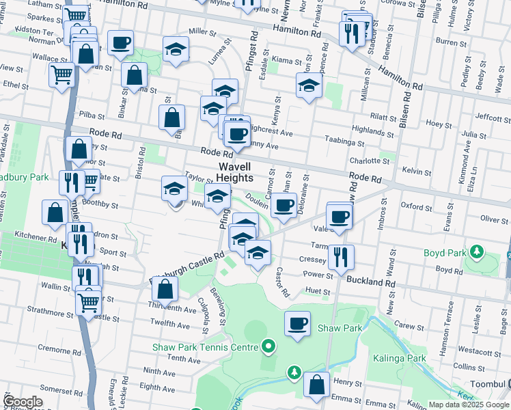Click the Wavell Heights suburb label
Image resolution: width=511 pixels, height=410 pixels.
235,172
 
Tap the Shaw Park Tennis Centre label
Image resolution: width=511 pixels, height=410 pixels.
205,346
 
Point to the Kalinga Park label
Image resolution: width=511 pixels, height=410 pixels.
400,357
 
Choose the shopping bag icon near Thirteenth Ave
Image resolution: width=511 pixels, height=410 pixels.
165,289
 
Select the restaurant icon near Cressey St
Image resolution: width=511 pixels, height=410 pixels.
341,256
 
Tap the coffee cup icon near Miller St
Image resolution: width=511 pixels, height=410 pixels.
120,42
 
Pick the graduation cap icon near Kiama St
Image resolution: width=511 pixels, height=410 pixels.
309,86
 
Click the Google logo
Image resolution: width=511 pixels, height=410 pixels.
23,402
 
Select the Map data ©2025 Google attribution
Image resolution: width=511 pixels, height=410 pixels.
469,405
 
